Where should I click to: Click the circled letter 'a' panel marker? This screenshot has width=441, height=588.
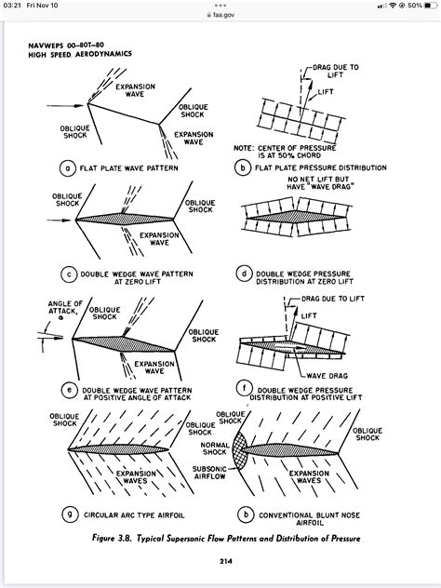tap(68, 168)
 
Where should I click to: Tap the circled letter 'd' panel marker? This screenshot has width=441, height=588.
tap(244, 274)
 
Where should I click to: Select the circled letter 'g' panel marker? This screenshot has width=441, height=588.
tap(70, 514)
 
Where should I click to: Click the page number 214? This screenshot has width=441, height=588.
tap(226, 561)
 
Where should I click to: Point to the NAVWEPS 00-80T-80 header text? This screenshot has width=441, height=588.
tap(66, 46)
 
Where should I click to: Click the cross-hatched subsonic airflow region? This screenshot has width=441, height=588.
tap(240, 449)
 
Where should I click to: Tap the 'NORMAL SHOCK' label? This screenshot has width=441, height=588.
tap(215, 448)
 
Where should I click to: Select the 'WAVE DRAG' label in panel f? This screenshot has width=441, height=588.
tap(327, 376)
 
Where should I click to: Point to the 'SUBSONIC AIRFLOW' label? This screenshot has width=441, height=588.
tap(209, 473)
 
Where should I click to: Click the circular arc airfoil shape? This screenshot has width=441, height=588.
tap(118, 449)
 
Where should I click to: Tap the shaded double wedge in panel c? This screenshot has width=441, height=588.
tap(125, 219)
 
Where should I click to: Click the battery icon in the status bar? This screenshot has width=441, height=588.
tap(431, 6)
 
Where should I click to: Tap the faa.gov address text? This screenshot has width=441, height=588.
tap(223, 15)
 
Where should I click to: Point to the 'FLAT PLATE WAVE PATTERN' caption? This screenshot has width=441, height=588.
tap(128, 168)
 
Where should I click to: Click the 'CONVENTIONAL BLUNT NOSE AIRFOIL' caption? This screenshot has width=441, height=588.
tap(310, 518)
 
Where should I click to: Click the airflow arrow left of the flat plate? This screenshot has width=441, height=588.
tap(66, 106)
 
